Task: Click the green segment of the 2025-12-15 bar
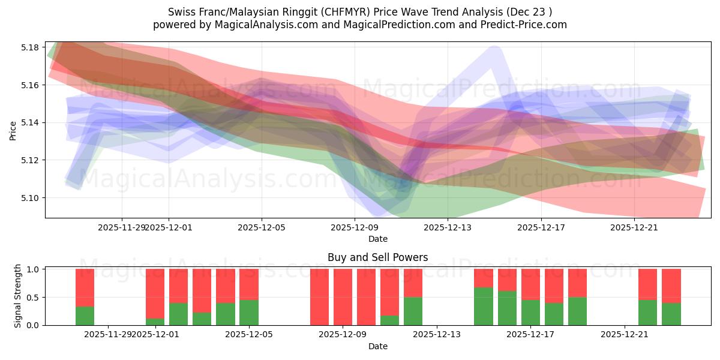pos(484,306)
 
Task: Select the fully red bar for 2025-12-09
pos(343,297)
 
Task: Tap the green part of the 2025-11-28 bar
pos(85,316)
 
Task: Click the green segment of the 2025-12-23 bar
pos(671,314)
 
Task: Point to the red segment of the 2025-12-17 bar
pos(530,284)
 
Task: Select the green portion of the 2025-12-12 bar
pos(413,311)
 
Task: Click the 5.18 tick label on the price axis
pos(29,47)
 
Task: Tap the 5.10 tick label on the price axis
pos(29,198)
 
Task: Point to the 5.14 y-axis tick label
pos(29,122)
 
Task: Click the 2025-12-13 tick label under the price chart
pos(448,227)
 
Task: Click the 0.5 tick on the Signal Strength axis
pos(34,297)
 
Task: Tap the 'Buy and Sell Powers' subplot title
pos(377,257)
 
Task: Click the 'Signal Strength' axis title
pos(18,296)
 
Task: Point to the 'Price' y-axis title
pos(13,130)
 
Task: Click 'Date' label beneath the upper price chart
pos(377,239)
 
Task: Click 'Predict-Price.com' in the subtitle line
pos(526,25)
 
